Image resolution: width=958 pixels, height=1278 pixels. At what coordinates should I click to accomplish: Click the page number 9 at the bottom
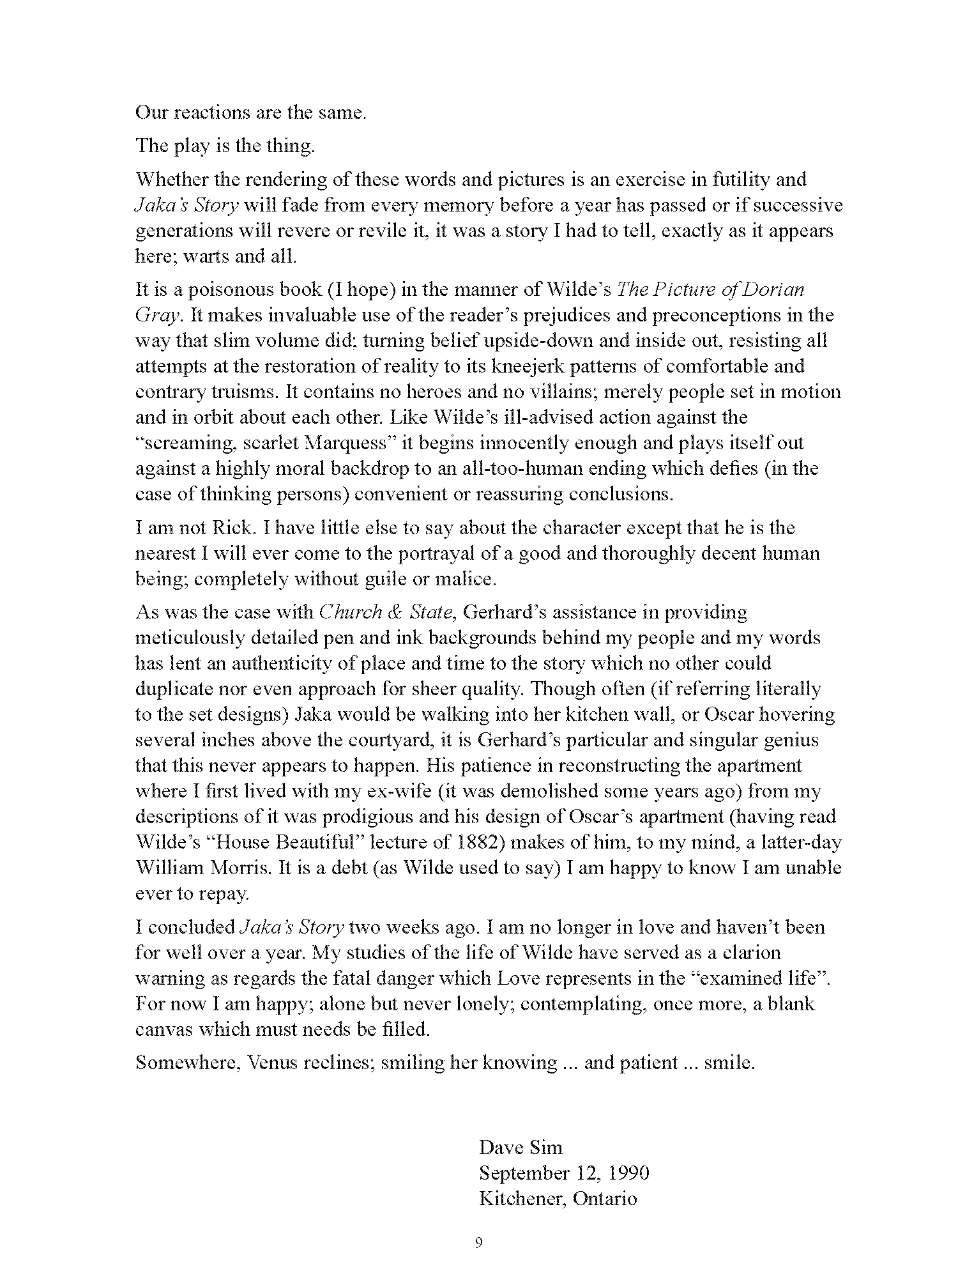point(479,1243)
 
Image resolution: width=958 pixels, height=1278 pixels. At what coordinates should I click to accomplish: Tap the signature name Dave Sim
point(521,1147)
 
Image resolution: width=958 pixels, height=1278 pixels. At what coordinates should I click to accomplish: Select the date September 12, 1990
point(564,1173)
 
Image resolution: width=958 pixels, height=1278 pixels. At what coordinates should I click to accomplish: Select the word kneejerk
point(505,366)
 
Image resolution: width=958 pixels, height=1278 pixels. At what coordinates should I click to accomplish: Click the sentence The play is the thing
point(225,146)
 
